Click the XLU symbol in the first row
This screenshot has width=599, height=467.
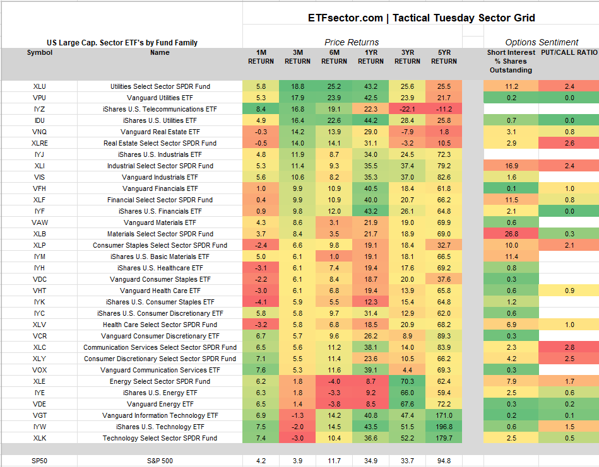[39, 86]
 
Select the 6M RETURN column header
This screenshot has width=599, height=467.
[334, 57]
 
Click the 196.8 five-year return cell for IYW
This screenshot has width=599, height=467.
[444, 427]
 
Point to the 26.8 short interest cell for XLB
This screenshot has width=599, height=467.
[511, 234]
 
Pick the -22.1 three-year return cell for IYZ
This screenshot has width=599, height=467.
[407, 109]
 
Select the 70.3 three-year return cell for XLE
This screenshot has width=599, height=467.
[407, 381]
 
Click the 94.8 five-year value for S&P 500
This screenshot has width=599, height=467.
[444, 461]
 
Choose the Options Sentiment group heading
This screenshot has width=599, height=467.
[542, 42]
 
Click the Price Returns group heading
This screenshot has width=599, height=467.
[352, 42]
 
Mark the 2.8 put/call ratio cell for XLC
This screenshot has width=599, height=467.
[569, 347]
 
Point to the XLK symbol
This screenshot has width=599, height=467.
[39, 438]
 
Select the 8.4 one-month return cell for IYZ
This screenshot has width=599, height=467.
[261, 109]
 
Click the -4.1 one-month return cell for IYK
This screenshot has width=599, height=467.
[261, 302]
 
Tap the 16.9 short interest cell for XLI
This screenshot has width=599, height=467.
[511, 166]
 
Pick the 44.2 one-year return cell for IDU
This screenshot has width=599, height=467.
[371, 120]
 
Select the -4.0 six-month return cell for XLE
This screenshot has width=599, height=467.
[334, 381]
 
